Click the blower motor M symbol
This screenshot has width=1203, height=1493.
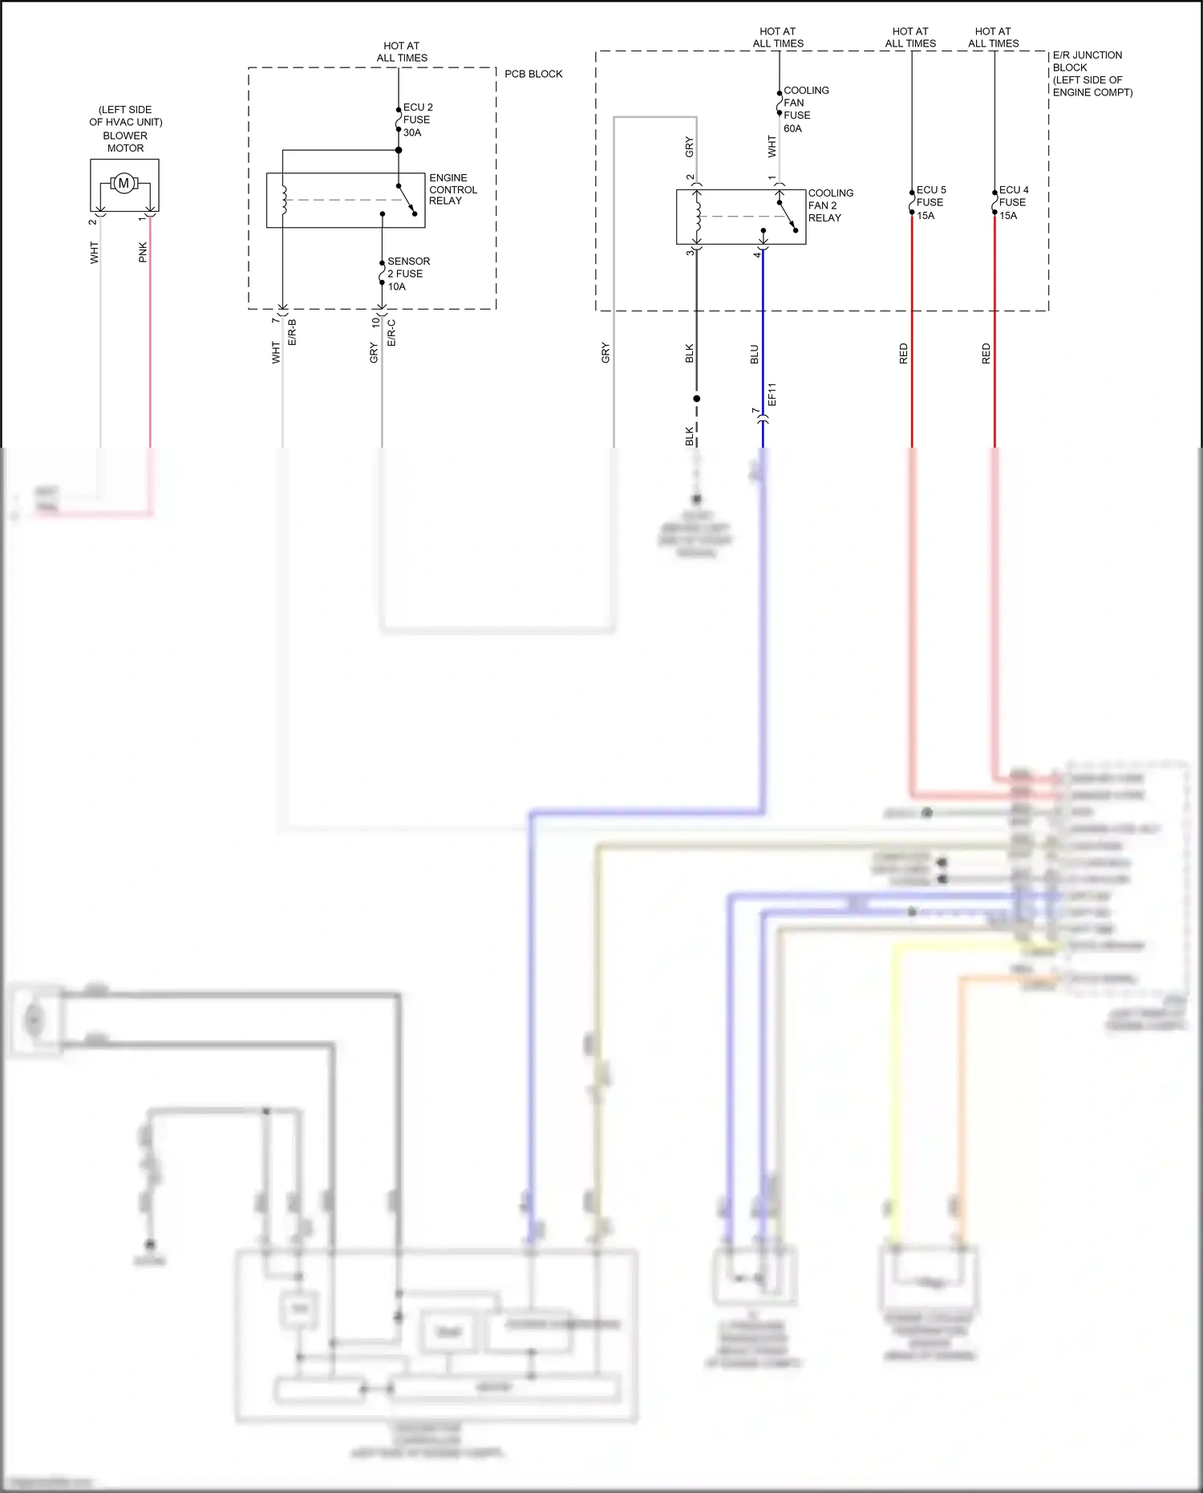(124, 183)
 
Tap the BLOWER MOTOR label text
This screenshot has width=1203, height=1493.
(125, 142)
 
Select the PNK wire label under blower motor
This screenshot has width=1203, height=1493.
(143, 252)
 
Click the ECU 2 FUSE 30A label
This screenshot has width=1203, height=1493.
(417, 120)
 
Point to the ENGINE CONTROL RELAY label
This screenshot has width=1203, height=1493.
(452, 189)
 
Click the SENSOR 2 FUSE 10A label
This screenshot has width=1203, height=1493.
(407, 274)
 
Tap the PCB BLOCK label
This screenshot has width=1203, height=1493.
(533, 74)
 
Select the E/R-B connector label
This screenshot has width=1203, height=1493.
(293, 332)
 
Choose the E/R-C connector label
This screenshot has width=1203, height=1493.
(392, 332)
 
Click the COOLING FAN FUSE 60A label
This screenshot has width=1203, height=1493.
(804, 109)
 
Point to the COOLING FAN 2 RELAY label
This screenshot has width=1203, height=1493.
(830, 205)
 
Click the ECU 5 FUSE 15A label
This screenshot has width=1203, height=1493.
(930, 202)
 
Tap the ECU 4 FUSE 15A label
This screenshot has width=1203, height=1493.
(1013, 202)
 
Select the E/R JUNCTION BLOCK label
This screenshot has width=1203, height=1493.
(1091, 73)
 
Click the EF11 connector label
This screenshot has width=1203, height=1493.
(772, 394)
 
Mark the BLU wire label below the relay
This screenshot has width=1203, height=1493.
(754, 354)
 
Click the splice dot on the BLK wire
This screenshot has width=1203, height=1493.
(696, 399)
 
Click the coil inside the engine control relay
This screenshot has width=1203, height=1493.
(283, 200)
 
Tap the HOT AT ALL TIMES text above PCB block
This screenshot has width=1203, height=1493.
(402, 52)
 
